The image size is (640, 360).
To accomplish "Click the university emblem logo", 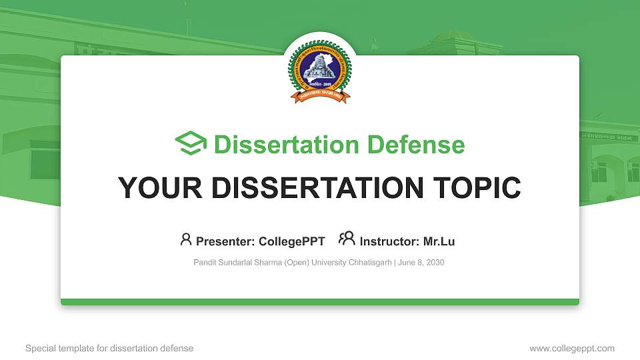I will point(319,72).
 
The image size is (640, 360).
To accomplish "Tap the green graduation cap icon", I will point(191,144).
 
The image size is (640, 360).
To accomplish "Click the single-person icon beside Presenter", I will point(186,239).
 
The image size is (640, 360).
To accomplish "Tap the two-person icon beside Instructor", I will point(347,239).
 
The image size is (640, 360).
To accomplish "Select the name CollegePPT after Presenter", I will point(291,241).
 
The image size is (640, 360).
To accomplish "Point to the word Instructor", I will point(389,241).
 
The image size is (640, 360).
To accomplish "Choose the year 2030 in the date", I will point(434,263).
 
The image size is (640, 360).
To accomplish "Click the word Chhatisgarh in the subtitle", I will point(370,263).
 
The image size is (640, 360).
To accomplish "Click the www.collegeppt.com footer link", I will point(572,348).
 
